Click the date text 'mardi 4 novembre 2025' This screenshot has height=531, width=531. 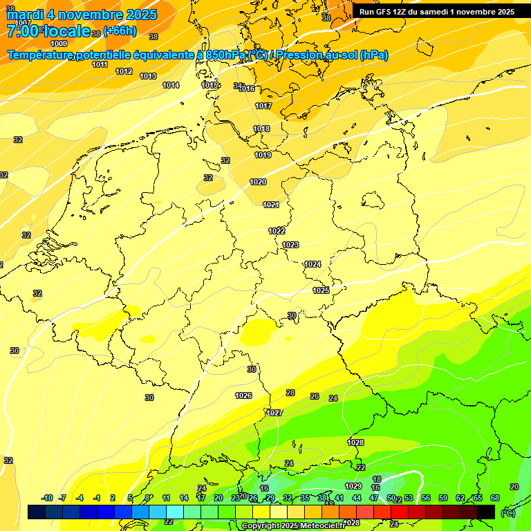click(x=82, y=15)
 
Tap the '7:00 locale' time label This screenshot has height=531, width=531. click(x=48, y=31)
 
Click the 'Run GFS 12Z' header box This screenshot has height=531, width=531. click(x=436, y=11)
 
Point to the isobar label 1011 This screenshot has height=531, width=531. click(x=100, y=64)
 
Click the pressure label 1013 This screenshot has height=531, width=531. click(x=148, y=76)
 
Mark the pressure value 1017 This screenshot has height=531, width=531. click(x=263, y=106)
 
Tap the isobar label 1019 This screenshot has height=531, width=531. click(x=263, y=155)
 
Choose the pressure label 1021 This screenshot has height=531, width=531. click(x=271, y=205)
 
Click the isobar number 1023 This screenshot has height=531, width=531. click(x=290, y=245)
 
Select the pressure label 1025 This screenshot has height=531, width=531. click(x=321, y=290)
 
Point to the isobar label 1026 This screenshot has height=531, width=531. click(x=243, y=395)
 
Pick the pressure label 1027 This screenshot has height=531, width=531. click(x=275, y=413)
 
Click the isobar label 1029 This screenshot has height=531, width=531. click(x=353, y=486)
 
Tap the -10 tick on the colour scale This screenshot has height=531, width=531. click(x=47, y=498)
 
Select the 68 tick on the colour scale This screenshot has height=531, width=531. click(x=495, y=498)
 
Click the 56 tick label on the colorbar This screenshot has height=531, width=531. click(x=425, y=498)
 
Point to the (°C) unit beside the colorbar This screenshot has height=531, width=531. click(x=508, y=513)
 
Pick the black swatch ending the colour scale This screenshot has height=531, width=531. click(x=486, y=512)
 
